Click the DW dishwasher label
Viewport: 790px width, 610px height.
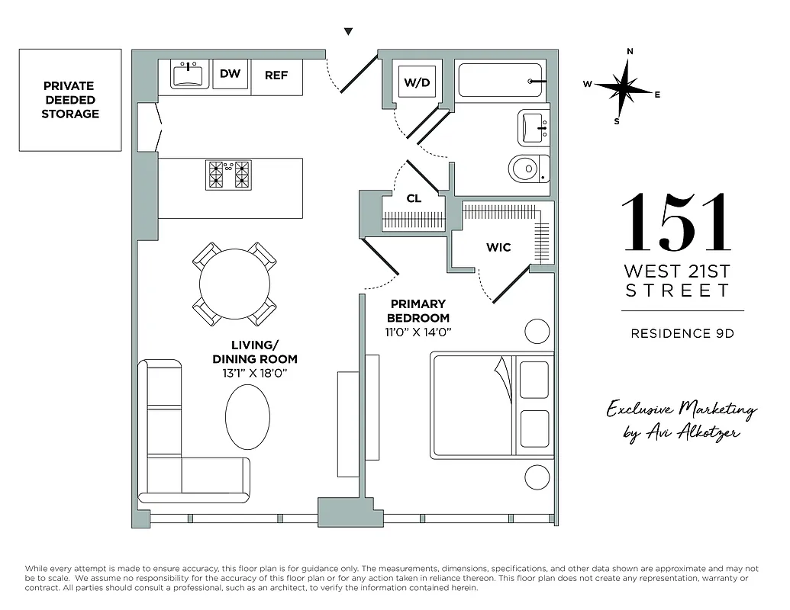pos(230,74)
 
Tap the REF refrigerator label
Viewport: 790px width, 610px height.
pos(276,75)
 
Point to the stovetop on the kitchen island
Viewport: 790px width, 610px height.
pos(229,175)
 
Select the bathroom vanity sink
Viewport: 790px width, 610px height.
pos(534,128)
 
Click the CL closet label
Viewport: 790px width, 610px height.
pos(414,198)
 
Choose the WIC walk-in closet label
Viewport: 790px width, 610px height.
pos(498,247)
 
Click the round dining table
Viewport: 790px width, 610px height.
pos(234,284)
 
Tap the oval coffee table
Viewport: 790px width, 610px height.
pos(248,416)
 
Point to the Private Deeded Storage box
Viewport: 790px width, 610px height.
pos(70,100)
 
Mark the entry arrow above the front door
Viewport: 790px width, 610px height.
pos(348,32)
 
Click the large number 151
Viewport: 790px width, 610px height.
pos(676,223)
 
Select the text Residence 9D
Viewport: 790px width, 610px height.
pos(682,332)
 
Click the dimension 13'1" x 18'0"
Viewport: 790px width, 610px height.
pos(254,372)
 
